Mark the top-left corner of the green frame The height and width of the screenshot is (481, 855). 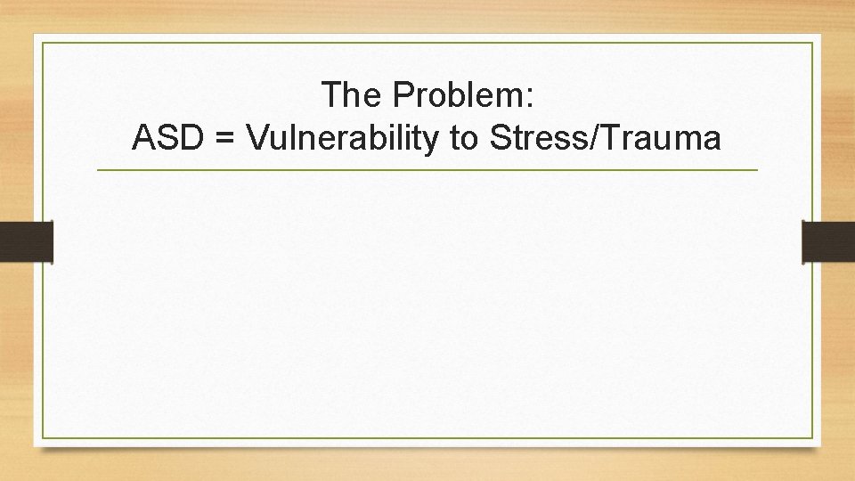43,43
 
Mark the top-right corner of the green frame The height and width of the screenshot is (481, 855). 812,43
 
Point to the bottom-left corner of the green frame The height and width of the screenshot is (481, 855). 43,438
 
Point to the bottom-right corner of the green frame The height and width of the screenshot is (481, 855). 812,438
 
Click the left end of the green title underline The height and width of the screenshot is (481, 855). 97,169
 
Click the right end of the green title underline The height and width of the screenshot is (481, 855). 758,169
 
